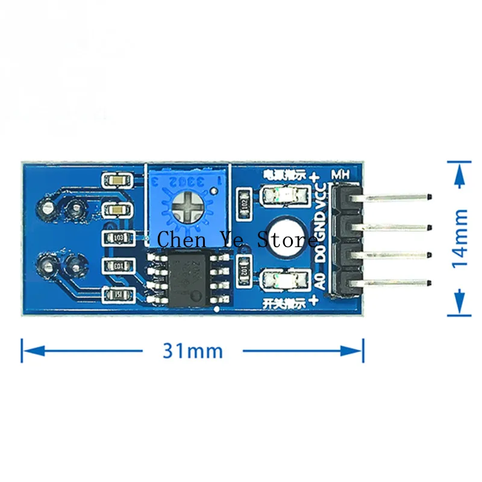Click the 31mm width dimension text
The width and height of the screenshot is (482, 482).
pyautogui.click(x=192, y=351)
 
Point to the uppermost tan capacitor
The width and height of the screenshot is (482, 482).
pyautogui.click(x=117, y=180)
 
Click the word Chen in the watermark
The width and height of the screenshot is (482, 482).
pyautogui.click(x=178, y=241)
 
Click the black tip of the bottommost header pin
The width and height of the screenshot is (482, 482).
pyautogui.click(x=428, y=284)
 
